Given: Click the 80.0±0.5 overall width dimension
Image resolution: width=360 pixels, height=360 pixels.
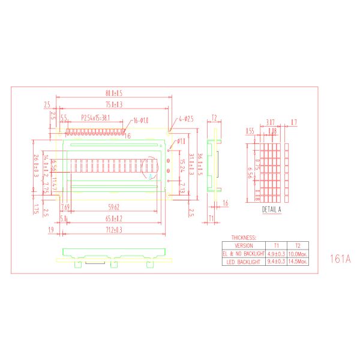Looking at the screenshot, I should (114, 94).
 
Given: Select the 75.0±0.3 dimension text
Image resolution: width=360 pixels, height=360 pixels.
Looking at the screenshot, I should (114, 104).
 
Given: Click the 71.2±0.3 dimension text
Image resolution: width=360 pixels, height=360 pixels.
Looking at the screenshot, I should (114, 230).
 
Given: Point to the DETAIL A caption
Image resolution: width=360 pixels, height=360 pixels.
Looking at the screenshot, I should (271, 210).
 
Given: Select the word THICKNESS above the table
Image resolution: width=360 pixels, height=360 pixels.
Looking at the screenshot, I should (244, 238).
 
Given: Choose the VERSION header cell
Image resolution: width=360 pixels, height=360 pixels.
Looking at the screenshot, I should (244, 245).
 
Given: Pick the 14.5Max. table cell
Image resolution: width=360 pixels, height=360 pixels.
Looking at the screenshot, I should (298, 262).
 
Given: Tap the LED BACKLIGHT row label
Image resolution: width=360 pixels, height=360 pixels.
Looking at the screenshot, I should (244, 262).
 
